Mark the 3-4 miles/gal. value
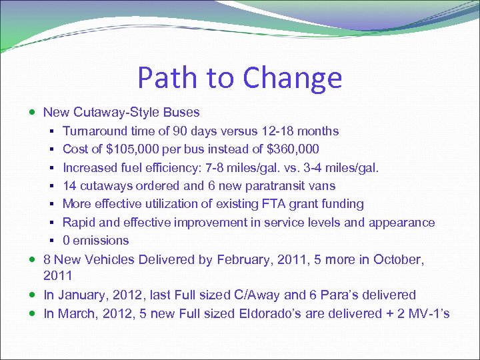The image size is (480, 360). click(x=349, y=167)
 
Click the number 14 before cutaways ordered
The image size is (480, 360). click(x=69, y=186)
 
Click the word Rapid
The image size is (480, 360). click(x=79, y=222)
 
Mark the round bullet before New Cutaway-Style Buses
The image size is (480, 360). click(x=33, y=113)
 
